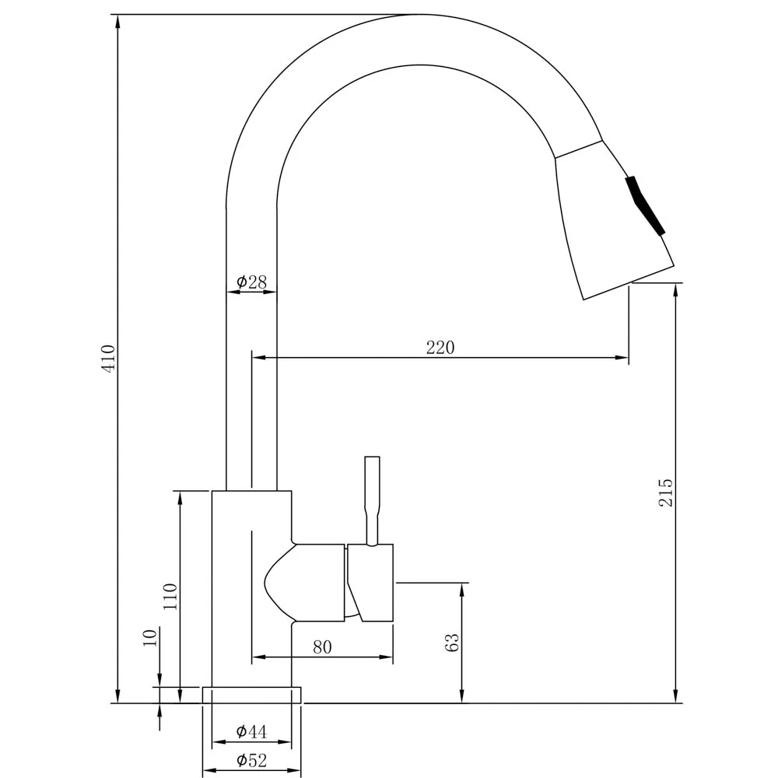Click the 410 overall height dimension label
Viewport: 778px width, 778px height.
tap(109, 358)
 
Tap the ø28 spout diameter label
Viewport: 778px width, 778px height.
tap(251, 282)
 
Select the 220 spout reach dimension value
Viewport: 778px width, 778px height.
tap(440, 348)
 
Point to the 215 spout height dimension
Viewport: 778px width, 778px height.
tap(665, 492)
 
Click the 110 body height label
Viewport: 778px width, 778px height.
tap(170, 597)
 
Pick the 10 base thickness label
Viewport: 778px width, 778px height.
tap(150, 637)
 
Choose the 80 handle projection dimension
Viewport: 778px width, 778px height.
tap(323, 647)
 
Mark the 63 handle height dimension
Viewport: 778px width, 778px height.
tap(452, 643)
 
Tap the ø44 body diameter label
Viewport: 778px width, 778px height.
tap(251, 731)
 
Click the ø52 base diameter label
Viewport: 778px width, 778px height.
tap(251, 759)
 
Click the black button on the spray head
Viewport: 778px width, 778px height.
tap(645, 205)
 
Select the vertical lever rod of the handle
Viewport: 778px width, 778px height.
tap(372, 500)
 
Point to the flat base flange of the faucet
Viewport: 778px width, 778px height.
tap(251, 695)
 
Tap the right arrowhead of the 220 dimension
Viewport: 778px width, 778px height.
tap(622, 357)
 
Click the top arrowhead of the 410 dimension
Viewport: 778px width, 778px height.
tap(118, 21)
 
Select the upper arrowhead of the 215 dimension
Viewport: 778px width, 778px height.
tap(675, 290)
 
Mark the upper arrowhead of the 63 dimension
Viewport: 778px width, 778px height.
tap(462, 590)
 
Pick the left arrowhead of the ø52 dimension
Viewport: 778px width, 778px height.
tap(210, 770)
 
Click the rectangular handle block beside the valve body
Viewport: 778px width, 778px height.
tap(370, 583)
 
